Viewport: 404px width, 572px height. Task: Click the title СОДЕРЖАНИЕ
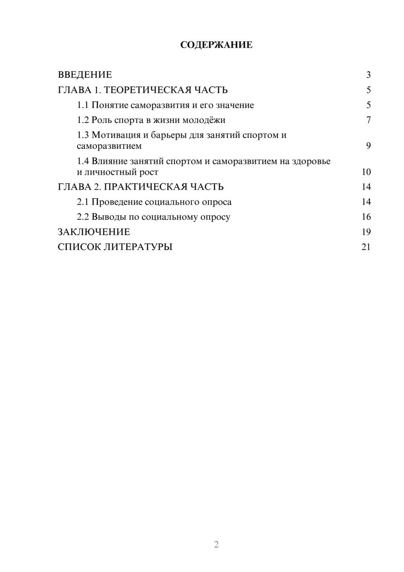pyautogui.click(x=216, y=45)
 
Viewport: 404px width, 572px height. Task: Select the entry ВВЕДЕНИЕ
pyautogui.click(x=85, y=75)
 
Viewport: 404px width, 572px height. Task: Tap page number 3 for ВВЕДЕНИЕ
pyautogui.click(x=368, y=75)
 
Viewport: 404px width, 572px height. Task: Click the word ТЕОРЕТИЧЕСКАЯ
pyautogui.click(x=145, y=90)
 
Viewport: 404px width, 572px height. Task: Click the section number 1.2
pyautogui.click(x=83, y=120)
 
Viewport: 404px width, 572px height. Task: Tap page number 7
pyautogui.click(x=368, y=120)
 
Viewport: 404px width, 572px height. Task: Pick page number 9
pyautogui.click(x=368, y=146)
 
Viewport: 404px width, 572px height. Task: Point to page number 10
pyautogui.click(x=366, y=172)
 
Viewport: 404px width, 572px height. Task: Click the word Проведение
pyautogui.click(x=117, y=202)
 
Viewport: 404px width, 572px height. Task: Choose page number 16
pyautogui.click(x=366, y=217)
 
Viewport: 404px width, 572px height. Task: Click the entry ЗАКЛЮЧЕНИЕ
pyautogui.click(x=94, y=232)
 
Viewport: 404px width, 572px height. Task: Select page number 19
pyautogui.click(x=366, y=232)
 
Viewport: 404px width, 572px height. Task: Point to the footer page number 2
pyautogui.click(x=216, y=544)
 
